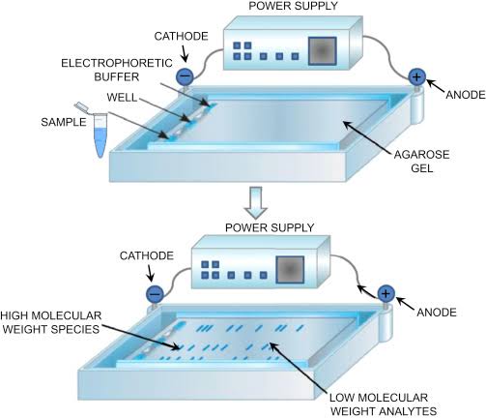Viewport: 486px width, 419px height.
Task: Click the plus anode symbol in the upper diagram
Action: (417, 76)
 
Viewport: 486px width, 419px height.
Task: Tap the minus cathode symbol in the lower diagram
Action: (154, 293)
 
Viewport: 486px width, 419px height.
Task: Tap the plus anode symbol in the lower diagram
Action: (386, 292)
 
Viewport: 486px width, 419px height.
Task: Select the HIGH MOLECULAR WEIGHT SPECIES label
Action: (54, 321)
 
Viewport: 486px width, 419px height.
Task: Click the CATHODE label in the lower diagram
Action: (145, 255)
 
